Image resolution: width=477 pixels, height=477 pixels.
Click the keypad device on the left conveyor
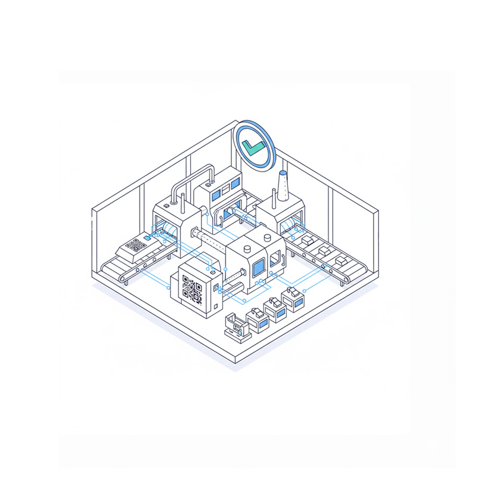[x=135, y=247]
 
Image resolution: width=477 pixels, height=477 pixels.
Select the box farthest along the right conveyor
[x=341, y=261]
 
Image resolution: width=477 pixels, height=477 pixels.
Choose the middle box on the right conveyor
[x=324, y=251]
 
